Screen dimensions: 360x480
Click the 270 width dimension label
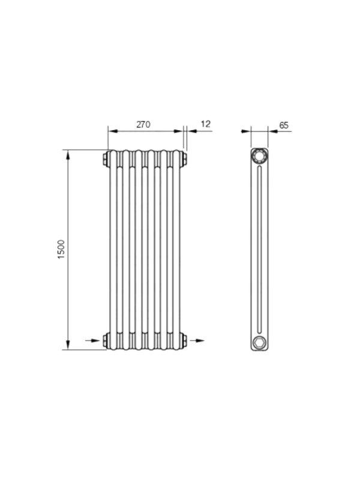pyautogui.click(x=143, y=125)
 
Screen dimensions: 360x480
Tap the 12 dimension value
pyautogui.click(x=206, y=124)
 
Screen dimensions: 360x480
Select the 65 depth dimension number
pyautogui.click(x=284, y=125)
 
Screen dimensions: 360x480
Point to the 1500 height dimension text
pyautogui.click(x=61, y=250)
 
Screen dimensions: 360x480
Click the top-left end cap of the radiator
pyautogui.click(x=106, y=158)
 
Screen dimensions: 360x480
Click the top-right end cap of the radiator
pyautogui.click(x=184, y=159)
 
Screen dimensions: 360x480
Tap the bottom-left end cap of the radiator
pyautogui.click(x=106, y=340)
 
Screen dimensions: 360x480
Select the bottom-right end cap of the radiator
pyautogui.click(x=184, y=340)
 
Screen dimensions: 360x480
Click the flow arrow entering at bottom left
pyautogui.click(x=93, y=340)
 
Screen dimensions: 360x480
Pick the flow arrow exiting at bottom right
pyautogui.click(x=197, y=340)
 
